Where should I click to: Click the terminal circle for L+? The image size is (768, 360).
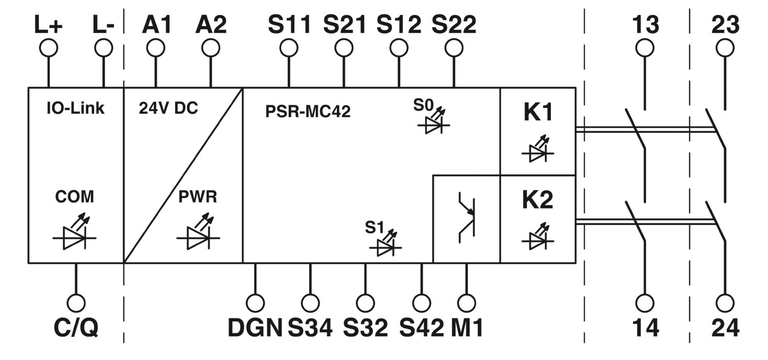pos(48,48)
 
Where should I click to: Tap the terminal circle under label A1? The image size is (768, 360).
pos(156,48)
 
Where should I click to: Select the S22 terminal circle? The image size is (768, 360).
pos(454,48)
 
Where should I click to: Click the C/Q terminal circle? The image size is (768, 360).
pos(76,303)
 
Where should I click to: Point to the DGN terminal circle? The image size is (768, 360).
pos(255,303)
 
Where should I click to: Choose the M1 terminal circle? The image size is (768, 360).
pos(466,303)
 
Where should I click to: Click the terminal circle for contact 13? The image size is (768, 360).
pos(645,48)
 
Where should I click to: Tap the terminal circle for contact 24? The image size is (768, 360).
pos(725,303)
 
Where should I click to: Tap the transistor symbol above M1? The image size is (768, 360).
pos(467,217)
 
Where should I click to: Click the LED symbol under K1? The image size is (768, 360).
pos(538,150)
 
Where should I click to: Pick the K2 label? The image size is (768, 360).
pos(538,200)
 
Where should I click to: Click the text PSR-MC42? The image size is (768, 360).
pos(308,112)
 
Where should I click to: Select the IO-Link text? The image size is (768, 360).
pos(75,109)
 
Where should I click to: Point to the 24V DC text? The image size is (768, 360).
pos(168,109)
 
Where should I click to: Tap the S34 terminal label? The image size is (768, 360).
pos(310,328)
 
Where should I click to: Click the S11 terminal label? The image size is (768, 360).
pos(289,25)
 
